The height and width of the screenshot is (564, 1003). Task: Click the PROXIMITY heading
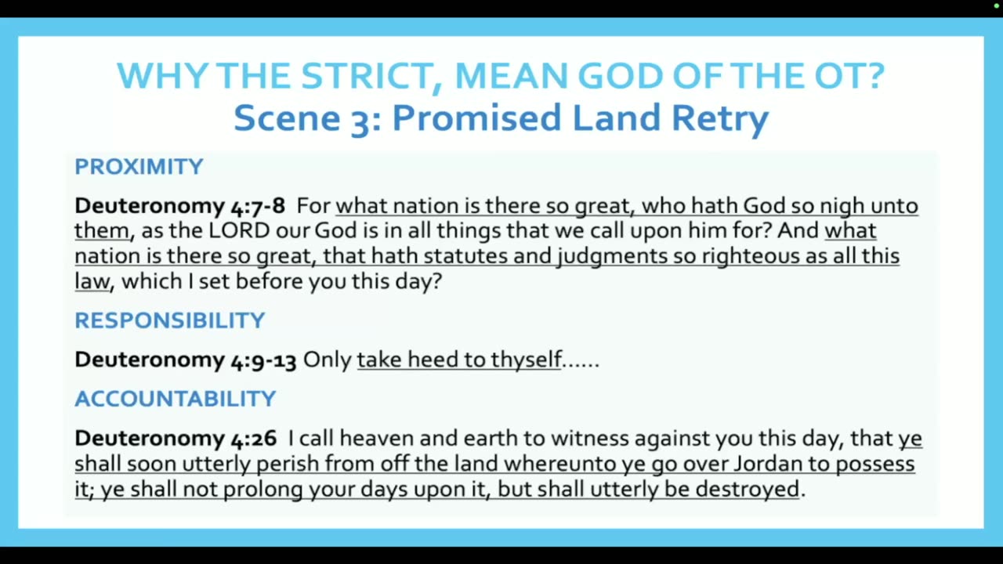click(139, 167)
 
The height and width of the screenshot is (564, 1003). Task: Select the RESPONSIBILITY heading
click(170, 320)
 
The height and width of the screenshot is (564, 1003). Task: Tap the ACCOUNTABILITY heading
click(175, 399)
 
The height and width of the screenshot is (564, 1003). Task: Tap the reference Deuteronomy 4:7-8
click(179, 206)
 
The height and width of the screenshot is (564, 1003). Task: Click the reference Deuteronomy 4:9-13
click(186, 360)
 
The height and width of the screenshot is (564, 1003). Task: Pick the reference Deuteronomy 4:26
click(176, 438)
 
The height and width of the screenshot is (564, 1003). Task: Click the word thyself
click(526, 360)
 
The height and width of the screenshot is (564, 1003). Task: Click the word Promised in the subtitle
click(476, 117)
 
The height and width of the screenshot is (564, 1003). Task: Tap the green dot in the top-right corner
click(996, 5)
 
